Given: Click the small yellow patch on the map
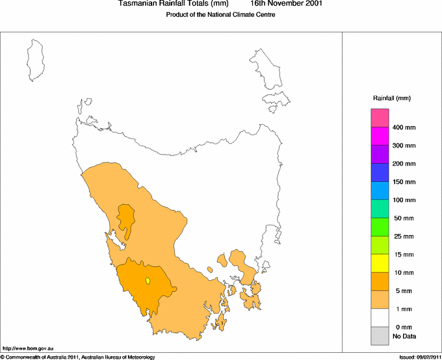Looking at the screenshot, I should (x=148, y=281).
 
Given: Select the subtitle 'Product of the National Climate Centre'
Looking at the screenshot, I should (x=221, y=15).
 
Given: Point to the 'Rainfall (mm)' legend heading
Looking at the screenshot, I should (x=391, y=98).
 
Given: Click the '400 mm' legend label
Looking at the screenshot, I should (x=403, y=127).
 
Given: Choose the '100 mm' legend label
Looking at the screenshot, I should (x=403, y=200).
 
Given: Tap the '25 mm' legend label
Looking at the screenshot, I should (x=403, y=237).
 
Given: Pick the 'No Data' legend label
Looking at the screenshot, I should (x=404, y=336).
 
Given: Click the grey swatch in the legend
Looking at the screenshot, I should (x=380, y=336).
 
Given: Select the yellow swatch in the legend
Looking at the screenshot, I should (x=380, y=263).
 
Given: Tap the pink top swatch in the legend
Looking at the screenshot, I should (x=380, y=118).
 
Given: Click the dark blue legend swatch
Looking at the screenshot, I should (x=380, y=172).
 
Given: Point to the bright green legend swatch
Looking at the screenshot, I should (x=380, y=227).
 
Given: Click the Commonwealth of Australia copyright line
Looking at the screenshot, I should (x=78, y=356).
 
